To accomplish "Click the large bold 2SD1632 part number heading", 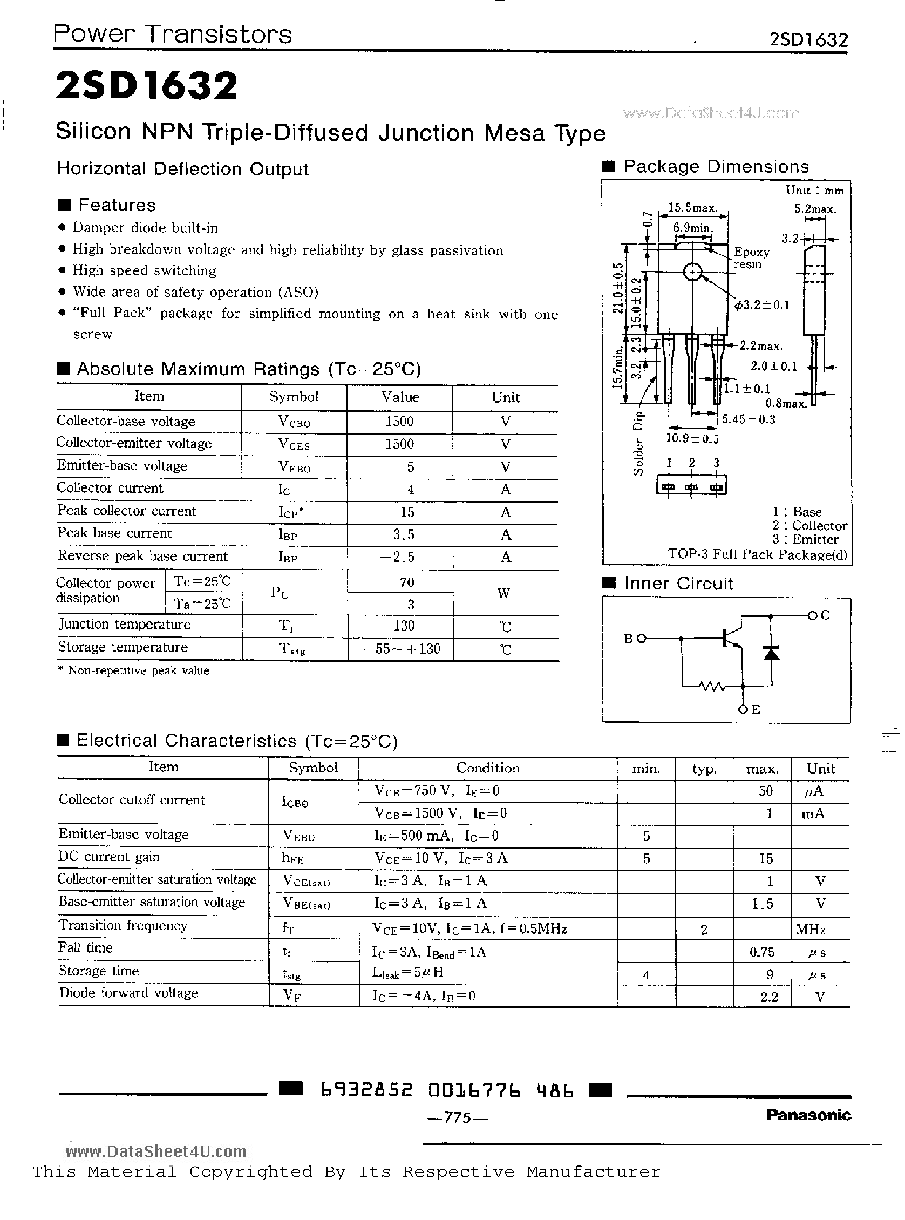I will pos(147,86).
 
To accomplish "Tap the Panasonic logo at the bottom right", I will pos(808,1114).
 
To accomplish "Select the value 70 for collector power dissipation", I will pos(406,582).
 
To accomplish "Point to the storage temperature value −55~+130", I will pos(402,649).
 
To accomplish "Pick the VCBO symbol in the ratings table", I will pos(294,422).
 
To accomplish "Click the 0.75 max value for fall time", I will pos(762,952).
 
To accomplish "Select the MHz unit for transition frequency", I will pos(810,930).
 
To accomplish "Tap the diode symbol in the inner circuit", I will pos(771,653).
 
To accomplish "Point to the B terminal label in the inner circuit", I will pos(629,638).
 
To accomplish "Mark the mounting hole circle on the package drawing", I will pos(692,272).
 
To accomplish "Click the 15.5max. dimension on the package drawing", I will pos(692,208).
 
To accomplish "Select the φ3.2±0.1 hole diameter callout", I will pos(761,304).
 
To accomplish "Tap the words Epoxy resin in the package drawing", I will pos(751,257).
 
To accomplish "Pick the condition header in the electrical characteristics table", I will pos(487,768).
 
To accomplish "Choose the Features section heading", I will pos(117,205).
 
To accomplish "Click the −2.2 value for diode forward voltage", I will pos(763,997).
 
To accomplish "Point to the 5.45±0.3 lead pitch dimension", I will pos(748,419).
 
